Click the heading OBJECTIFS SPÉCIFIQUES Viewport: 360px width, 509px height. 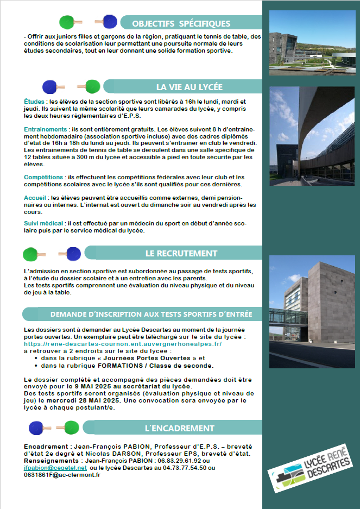pyautogui.click(x=181, y=24)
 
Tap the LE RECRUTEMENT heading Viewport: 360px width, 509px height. pyautogui.click(x=181, y=253)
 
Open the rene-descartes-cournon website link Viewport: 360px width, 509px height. pyautogui.click(x=123, y=344)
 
